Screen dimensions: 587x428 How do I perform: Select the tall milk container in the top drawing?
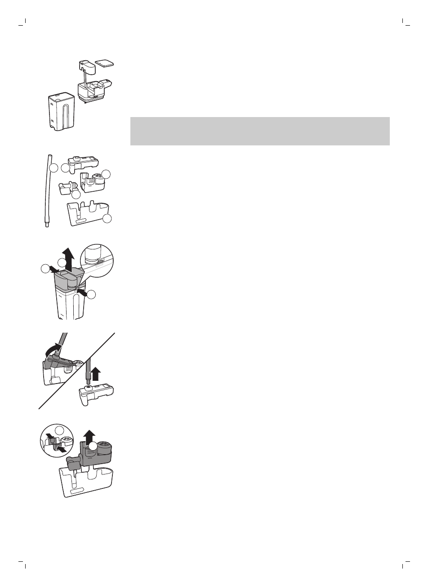(61, 113)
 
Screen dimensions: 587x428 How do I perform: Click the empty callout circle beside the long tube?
(54, 169)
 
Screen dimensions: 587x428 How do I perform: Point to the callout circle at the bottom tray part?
(107, 219)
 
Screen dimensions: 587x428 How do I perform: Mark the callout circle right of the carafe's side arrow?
(91, 295)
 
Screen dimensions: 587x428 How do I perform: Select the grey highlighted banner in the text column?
(260, 131)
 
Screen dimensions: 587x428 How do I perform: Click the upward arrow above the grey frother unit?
(90, 436)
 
